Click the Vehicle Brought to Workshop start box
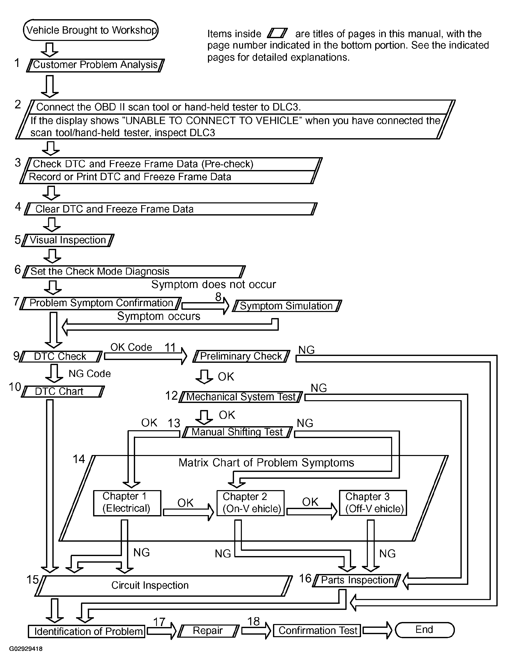click(x=91, y=30)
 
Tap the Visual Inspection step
click(x=68, y=240)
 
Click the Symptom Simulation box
click(x=287, y=306)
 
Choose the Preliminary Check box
click(x=241, y=356)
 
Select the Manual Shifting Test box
click(x=237, y=432)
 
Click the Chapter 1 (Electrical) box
click(x=127, y=503)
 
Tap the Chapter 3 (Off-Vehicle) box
click(x=373, y=503)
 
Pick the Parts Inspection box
click(x=357, y=580)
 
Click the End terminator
click(x=425, y=630)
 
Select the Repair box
click(x=208, y=631)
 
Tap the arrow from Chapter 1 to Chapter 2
click(x=188, y=512)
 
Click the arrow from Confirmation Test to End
click(x=377, y=630)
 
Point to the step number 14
click(x=79, y=459)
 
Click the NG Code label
click(x=90, y=373)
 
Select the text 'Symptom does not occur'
click(x=214, y=284)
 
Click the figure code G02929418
click(x=26, y=649)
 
